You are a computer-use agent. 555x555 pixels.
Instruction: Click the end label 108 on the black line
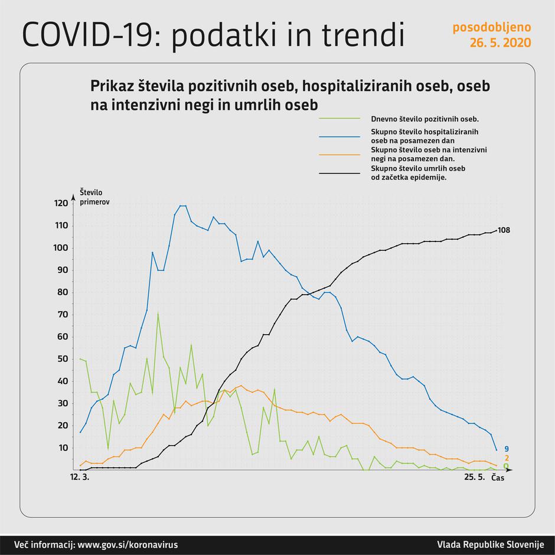click(x=504, y=230)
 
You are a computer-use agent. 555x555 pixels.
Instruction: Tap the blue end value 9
click(x=507, y=449)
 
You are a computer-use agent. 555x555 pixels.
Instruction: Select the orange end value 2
click(x=507, y=458)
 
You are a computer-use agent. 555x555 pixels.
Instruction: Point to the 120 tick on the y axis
click(x=61, y=203)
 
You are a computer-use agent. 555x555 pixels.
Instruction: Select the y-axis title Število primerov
click(x=94, y=197)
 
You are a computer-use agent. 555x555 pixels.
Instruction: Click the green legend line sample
click(x=339, y=118)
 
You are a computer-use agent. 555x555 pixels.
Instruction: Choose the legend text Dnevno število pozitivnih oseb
click(x=425, y=118)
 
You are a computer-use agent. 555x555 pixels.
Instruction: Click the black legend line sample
click(x=339, y=173)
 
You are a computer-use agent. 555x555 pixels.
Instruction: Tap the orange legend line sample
click(x=339, y=155)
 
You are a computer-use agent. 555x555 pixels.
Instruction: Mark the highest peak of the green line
click(x=158, y=313)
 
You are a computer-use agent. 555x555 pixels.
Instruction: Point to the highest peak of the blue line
click(x=183, y=205)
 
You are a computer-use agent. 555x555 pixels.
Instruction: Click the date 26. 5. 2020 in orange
click(x=500, y=43)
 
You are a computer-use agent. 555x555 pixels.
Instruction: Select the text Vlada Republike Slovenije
click(x=489, y=544)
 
